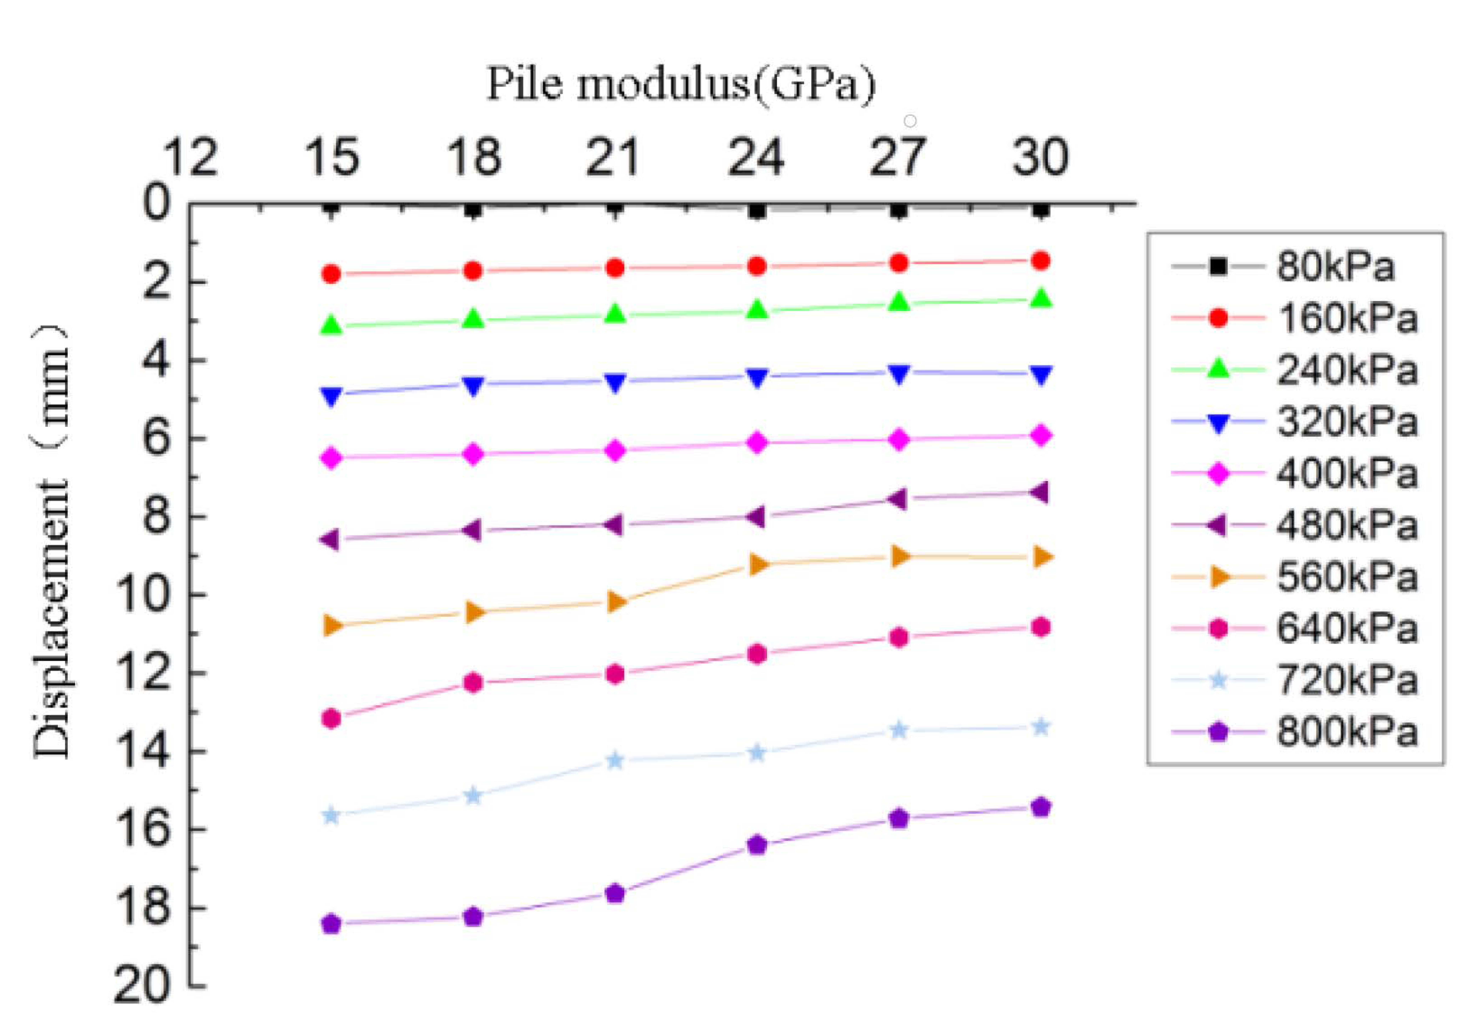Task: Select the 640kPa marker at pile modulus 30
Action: tap(1041, 627)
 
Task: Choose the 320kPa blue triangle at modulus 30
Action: tap(1041, 375)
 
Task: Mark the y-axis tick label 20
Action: tap(142, 986)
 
